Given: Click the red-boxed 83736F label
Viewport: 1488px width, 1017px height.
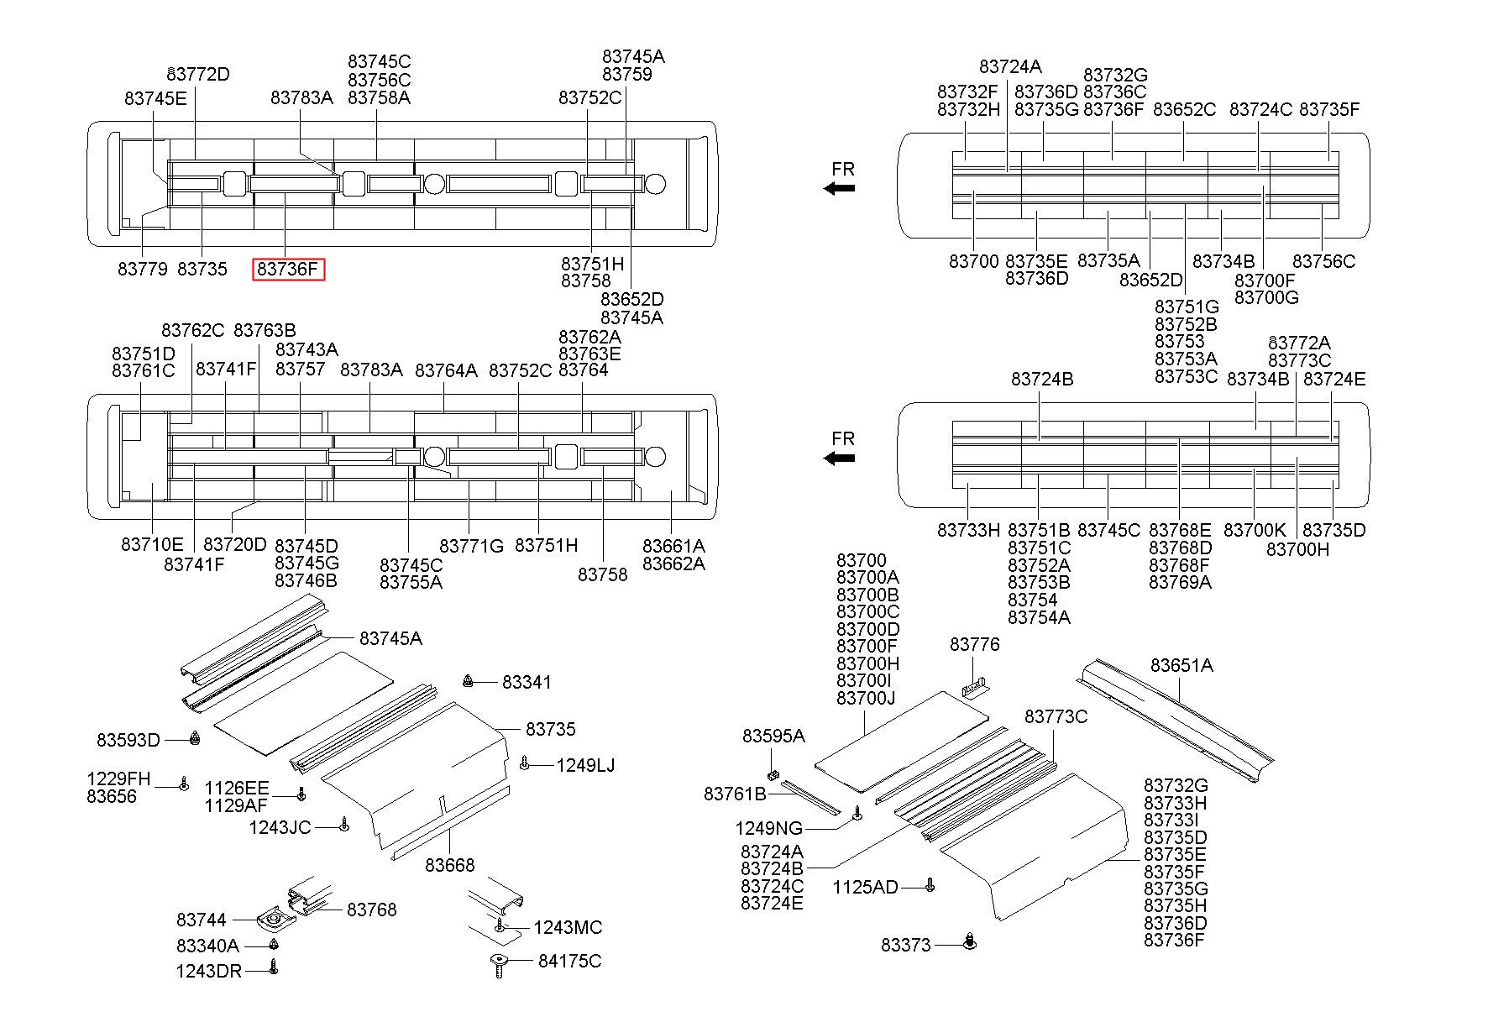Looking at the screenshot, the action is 289,270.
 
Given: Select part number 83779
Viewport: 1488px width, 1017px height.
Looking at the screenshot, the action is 143,270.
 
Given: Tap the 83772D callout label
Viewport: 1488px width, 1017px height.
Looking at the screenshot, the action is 198,74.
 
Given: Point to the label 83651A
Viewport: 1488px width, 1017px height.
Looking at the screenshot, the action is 1181,665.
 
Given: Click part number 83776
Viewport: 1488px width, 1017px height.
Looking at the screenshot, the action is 975,644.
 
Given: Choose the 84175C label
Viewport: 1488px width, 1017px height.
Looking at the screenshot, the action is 570,961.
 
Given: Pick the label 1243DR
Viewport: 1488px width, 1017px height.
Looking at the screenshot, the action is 208,972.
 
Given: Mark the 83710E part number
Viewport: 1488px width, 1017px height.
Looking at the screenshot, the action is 152,544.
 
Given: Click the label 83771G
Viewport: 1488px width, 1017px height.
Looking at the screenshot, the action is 471,546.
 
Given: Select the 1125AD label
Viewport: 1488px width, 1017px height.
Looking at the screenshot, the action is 866,887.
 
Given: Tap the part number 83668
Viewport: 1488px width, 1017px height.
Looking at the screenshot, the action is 450,865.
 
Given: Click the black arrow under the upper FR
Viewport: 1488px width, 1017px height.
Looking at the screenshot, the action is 839,188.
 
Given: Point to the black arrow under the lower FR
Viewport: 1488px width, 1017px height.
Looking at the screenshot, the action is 839,458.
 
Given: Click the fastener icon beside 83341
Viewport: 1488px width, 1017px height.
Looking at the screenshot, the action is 469,679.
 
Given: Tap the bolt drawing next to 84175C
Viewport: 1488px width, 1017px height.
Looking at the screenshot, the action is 499,966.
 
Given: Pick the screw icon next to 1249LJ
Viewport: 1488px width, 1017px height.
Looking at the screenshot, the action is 524,763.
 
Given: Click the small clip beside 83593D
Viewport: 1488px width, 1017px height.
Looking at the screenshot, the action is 195,738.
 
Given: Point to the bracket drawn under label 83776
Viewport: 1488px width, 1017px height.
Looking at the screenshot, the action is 975,687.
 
